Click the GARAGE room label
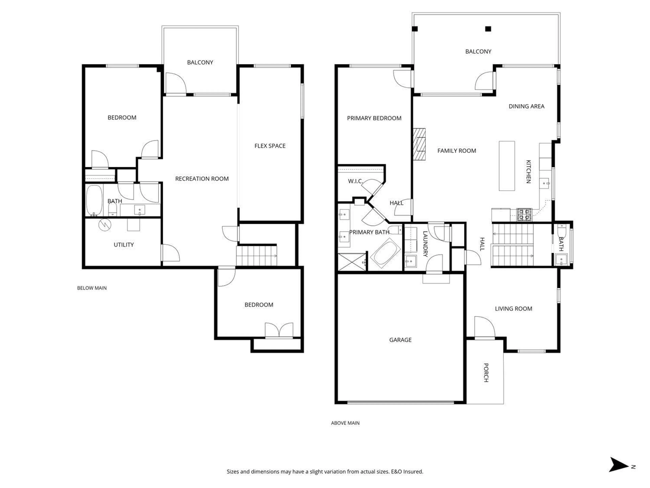pyautogui.click(x=400, y=340)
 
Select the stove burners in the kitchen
pyautogui.click(x=525, y=215)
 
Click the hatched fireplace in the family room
pyautogui.click(x=419, y=144)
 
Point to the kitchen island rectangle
pyautogui.click(x=507, y=166)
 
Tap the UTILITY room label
pyautogui.click(x=124, y=245)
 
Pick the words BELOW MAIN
pyautogui.click(x=92, y=288)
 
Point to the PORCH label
pyautogui.click(x=486, y=373)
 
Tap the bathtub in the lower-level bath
pyautogui.click(x=94, y=200)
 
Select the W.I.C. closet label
pyautogui.click(x=355, y=181)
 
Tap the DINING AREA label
pyautogui.click(x=526, y=106)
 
